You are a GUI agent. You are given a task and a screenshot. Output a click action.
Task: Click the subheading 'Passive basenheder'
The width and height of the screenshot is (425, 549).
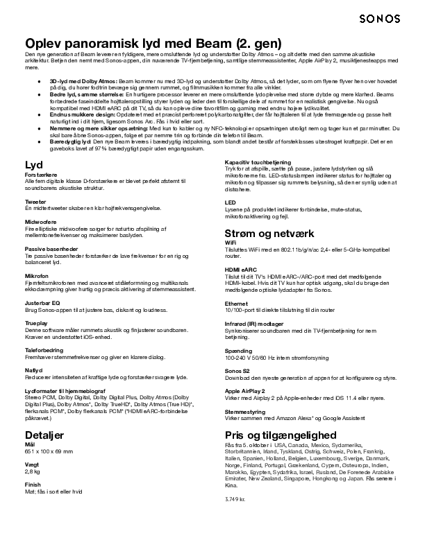(x=52, y=248)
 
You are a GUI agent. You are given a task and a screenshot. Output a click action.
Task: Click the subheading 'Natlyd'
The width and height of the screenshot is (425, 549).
(x=33, y=370)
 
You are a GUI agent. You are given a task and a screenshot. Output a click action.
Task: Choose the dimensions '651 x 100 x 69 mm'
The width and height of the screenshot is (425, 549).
(x=49, y=452)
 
